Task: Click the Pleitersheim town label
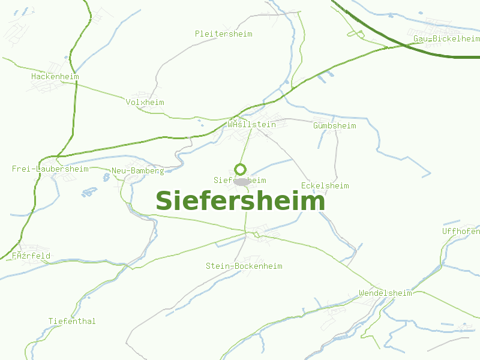(x=223, y=34)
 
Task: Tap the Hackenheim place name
(x=55, y=77)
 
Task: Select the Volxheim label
(x=145, y=103)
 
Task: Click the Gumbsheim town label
(x=334, y=126)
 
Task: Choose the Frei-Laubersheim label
(x=50, y=169)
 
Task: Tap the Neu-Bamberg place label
(x=137, y=171)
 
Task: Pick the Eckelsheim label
(x=325, y=186)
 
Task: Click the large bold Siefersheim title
(x=240, y=201)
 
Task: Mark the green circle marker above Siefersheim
(x=241, y=169)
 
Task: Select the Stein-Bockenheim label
(x=244, y=266)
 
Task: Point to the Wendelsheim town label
(x=385, y=293)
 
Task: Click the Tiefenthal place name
(x=72, y=322)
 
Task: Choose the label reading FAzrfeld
(x=31, y=256)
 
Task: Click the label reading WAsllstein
(x=251, y=125)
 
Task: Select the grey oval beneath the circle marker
(x=241, y=181)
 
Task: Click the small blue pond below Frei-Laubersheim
(x=89, y=192)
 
